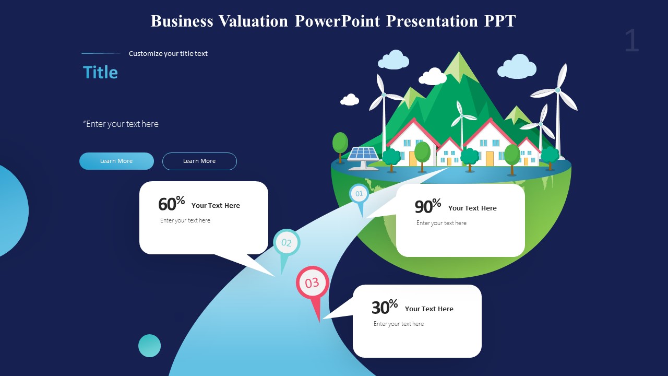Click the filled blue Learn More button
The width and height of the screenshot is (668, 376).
[x=116, y=161]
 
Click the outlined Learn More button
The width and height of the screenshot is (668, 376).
[x=199, y=161]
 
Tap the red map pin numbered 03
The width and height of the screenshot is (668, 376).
[x=312, y=284]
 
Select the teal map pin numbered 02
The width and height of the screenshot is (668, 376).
[x=287, y=243]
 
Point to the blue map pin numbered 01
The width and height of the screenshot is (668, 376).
[x=359, y=194]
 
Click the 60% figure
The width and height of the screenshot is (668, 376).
[x=171, y=204]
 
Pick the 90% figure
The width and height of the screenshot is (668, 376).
[x=427, y=206]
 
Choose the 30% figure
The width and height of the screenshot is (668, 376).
[x=385, y=307]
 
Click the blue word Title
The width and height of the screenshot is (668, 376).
[x=100, y=73]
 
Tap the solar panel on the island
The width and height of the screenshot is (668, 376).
[x=363, y=155]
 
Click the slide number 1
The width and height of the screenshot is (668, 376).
[x=631, y=41]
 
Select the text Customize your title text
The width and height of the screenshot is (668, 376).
[x=168, y=53]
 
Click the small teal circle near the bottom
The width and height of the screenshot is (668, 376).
[x=149, y=346]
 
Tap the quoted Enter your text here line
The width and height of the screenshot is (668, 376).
[x=121, y=124]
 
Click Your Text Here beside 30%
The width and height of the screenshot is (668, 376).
[x=429, y=309]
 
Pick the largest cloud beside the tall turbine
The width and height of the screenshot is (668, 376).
[x=517, y=67]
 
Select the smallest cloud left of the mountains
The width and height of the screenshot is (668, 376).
[x=350, y=99]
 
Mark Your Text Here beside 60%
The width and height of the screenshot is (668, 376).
[x=216, y=206]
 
